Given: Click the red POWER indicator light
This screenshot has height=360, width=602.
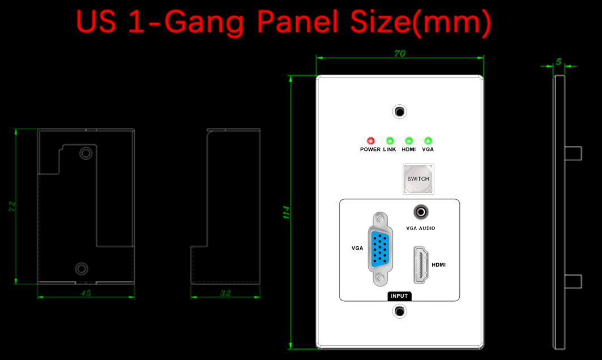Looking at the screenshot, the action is point(370,141).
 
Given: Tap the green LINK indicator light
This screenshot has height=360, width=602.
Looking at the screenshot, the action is point(390,141).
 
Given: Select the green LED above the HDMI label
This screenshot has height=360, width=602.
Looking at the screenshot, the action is point(409,141).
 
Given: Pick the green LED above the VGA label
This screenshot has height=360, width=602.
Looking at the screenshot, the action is point(428,141).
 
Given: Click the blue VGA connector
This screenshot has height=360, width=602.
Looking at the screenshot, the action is point(380,249).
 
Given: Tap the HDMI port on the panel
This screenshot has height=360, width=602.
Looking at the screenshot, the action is point(421,265).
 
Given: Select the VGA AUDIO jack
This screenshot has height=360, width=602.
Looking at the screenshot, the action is point(421,212).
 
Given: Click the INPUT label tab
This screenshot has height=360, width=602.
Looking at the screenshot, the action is point(399,296).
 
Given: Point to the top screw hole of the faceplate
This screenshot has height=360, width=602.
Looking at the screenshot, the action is point(400,112).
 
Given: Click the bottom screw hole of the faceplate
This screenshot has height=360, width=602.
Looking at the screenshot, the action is point(400,311).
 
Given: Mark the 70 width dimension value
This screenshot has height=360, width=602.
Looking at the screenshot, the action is point(400,53).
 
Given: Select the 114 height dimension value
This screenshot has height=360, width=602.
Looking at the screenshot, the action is point(286,212).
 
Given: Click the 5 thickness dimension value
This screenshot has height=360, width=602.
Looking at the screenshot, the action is point(558,62).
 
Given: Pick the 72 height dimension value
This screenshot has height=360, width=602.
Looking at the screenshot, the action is point(12,207).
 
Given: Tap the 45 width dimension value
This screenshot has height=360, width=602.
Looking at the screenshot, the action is point(86,293).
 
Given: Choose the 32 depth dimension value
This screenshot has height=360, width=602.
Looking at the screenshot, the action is point(225,293).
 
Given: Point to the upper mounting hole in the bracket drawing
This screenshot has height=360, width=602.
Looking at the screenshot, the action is point(86,153).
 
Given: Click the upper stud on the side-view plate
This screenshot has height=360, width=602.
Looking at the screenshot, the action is point(573,153).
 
